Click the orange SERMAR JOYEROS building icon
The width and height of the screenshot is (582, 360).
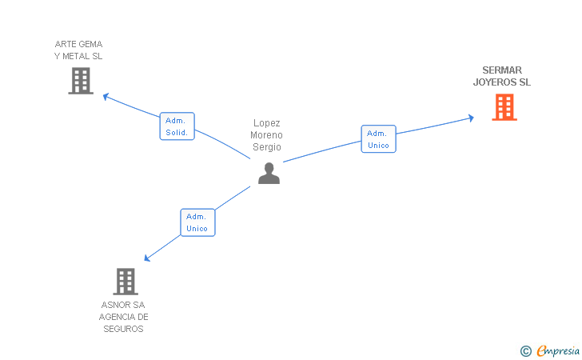coord(504,107)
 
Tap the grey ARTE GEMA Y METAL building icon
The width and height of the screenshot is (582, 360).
coord(81,81)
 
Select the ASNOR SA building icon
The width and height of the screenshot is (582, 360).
coord(126,281)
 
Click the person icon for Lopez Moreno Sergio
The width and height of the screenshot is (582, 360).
coord(269,173)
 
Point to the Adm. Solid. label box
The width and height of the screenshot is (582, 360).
coord(177,126)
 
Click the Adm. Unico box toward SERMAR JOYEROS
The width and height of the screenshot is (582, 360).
coord(378,139)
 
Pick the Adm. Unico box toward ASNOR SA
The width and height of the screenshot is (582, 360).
coord(197,222)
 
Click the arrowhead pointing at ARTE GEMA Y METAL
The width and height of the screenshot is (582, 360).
coord(106,97)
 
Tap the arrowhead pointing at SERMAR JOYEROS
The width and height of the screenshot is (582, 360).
coord(471,118)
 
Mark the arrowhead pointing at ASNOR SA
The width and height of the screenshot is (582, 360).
coord(146,258)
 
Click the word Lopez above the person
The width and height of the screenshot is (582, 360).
coord(266,122)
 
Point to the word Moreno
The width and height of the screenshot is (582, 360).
coord(266,134)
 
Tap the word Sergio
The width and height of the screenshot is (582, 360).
coord(266,146)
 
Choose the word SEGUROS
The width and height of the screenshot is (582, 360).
coord(123,329)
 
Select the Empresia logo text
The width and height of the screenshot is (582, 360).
coord(559,350)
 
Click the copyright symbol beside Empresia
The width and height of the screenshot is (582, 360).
coord(525,350)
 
